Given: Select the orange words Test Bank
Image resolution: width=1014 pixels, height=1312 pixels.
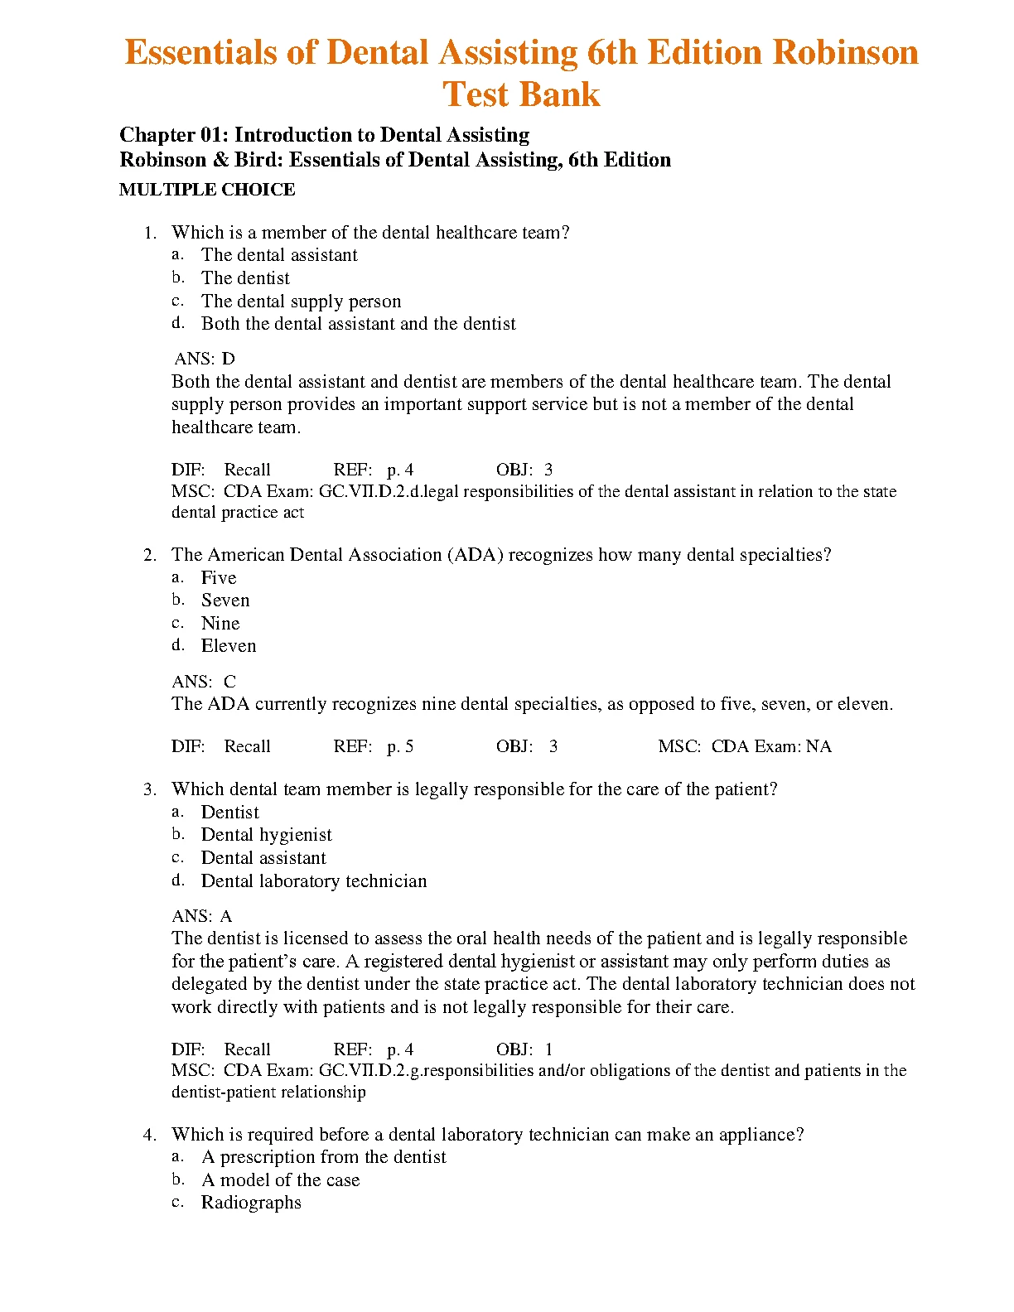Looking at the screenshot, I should (521, 94).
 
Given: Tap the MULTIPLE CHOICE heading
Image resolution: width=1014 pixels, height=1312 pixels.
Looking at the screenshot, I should (207, 190).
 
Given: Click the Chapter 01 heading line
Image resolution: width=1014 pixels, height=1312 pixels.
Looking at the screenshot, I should (324, 135).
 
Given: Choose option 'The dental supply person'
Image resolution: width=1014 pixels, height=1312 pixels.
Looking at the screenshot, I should (301, 301).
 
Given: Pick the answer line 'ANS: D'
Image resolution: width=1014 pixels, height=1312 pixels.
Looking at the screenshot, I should (205, 359).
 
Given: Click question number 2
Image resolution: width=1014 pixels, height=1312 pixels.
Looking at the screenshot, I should (150, 555).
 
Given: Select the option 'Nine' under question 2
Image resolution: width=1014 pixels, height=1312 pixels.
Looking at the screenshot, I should (220, 624).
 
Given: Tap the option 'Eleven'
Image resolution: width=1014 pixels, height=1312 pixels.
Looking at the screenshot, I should (229, 646).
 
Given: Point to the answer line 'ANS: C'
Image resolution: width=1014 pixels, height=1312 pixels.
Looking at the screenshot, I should (204, 682).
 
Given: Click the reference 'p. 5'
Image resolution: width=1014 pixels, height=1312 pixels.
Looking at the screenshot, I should (400, 746).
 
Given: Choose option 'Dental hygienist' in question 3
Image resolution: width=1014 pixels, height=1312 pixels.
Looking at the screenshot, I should (266, 835).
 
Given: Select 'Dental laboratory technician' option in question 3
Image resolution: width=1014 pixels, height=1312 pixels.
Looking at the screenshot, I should (314, 881).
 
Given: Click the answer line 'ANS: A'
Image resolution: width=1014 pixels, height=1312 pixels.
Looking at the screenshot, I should (202, 916).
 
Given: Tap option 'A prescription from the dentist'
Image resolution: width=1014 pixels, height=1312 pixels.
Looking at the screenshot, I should (323, 1157).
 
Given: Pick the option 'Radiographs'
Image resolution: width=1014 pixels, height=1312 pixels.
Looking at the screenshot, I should (251, 1203).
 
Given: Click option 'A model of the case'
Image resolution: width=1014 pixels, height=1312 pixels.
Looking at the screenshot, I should (280, 1180).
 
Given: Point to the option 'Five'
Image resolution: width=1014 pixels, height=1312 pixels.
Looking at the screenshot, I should (219, 578).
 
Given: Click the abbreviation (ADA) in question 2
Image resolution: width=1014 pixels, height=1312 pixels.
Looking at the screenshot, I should (475, 555).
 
